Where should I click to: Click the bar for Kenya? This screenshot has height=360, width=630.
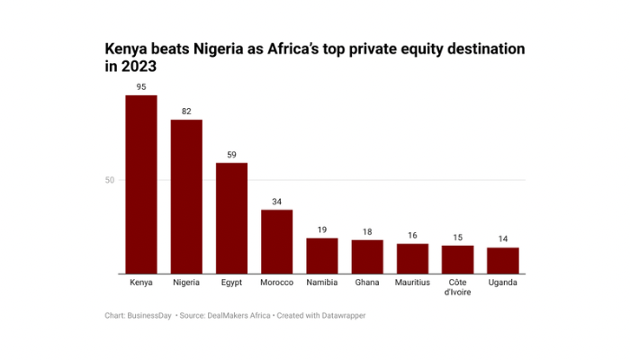(x=141, y=184)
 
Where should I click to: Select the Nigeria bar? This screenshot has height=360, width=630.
(x=186, y=196)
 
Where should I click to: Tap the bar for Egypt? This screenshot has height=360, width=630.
(x=231, y=218)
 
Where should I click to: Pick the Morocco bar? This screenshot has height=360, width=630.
(x=276, y=241)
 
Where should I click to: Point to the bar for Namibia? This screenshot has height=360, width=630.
(x=322, y=256)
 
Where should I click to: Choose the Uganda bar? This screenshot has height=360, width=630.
(x=503, y=260)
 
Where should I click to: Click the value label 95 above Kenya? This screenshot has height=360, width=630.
(x=141, y=87)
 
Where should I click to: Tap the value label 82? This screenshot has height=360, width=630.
(x=186, y=112)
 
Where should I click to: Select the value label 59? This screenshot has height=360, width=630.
(x=231, y=155)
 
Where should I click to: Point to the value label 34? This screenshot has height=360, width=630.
(x=276, y=202)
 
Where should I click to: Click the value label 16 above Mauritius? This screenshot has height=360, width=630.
(x=412, y=236)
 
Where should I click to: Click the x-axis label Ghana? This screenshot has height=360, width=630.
(x=367, y=283)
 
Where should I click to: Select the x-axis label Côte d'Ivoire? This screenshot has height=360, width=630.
(x=457, y=288)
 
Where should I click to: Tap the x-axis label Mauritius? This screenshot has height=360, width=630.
(x=412, y=283)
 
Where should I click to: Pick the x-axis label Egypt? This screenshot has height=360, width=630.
(x=231, y=283)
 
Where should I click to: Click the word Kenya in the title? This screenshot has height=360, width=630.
(x=127, y=48)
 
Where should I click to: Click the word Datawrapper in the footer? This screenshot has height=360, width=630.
(x=341, y=316)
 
